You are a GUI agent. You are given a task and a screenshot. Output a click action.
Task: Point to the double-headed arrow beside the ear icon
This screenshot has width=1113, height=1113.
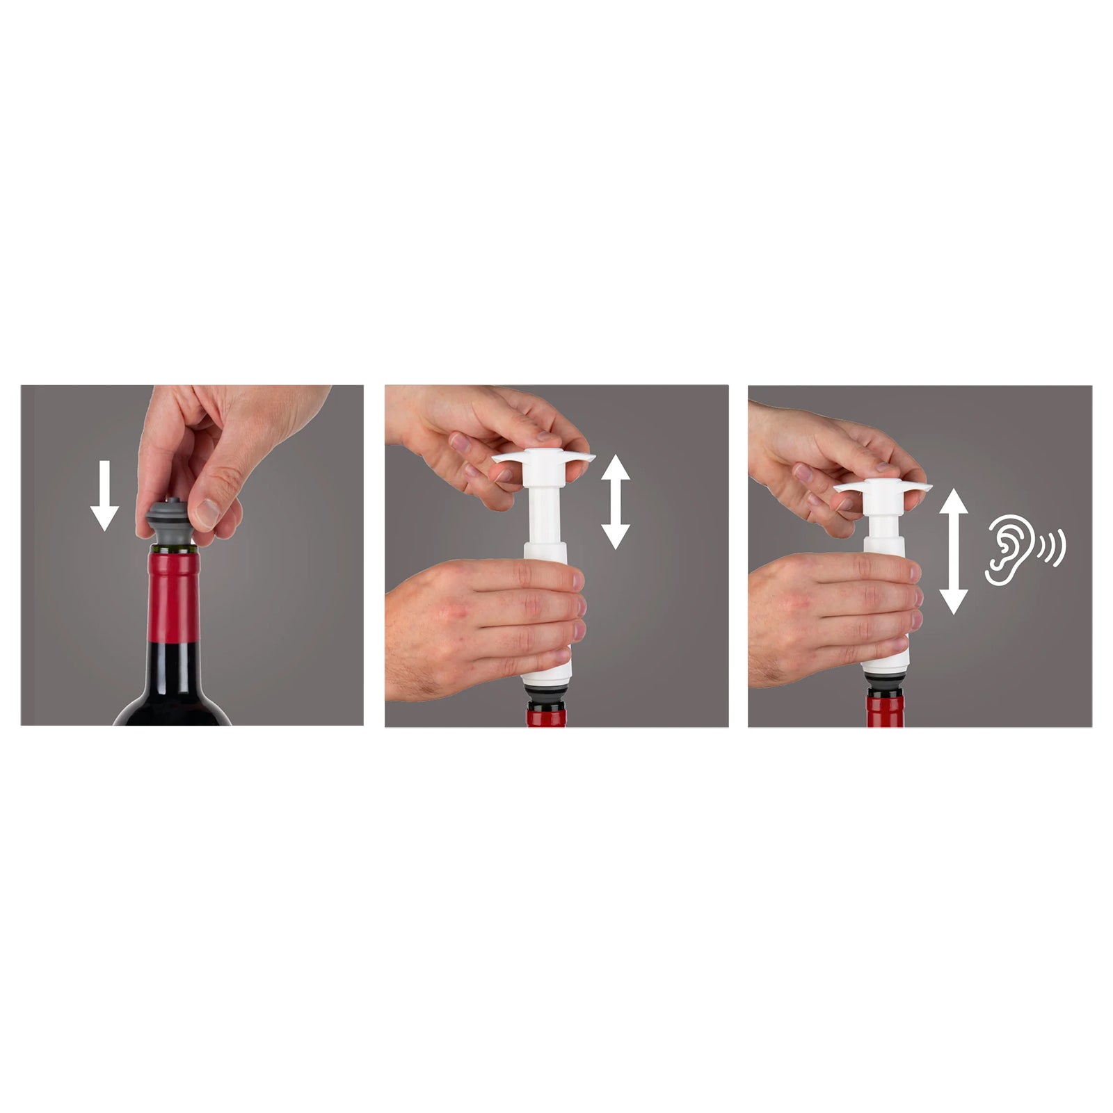[953, 551]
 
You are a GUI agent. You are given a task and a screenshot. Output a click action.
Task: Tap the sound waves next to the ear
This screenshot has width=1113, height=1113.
[1052, 546]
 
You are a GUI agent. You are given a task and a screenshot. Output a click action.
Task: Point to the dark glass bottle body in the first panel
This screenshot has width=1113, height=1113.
[174, 688]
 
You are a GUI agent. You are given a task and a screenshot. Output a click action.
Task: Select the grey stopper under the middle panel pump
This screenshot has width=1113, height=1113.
[547, 695]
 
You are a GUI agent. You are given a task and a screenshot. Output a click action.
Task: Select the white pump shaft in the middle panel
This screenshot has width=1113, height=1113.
[543, 514]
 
